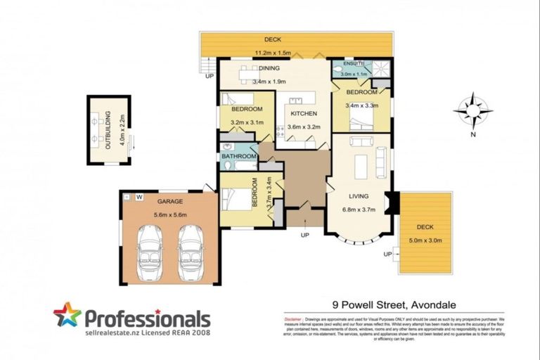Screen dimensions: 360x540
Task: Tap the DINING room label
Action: click(269, 68)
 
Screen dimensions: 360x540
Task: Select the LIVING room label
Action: click(359, 196)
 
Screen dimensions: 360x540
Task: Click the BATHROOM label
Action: click(238, 156)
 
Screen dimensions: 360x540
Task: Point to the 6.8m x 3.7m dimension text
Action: click(359, 209)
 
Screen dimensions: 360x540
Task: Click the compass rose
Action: click(472, 111)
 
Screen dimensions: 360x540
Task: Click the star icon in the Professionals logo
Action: click(67, 316)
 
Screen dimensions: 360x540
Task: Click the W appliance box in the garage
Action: click(139, 196)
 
